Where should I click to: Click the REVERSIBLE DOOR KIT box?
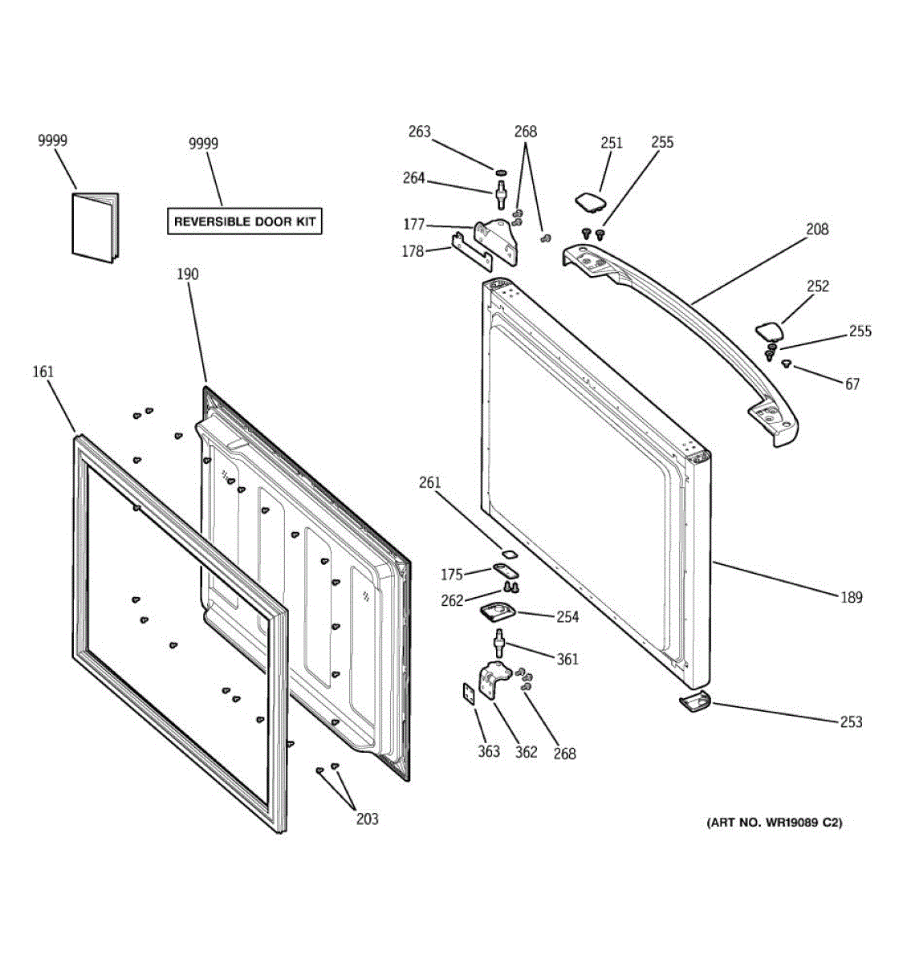coord(245,221)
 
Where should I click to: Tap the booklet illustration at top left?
coord(94,227)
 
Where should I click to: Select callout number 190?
coord(187,274)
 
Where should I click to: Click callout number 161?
coord(43,372)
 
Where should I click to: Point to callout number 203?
coord(367,819)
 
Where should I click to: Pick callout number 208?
coord(817,230)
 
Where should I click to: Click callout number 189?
coord(852,597)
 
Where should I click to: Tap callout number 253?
coord(851,721)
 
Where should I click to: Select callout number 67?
coord(852,384)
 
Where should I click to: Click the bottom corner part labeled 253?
coord(694,702)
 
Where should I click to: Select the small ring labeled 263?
coord(500,172)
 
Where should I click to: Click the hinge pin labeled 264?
coord(502,193)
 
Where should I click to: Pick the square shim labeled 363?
coord(467,693)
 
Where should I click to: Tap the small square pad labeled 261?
coord(507,553)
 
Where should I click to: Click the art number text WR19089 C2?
coord(775,823)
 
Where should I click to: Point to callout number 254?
coord(567,617)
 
